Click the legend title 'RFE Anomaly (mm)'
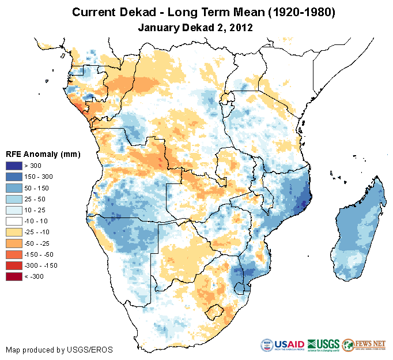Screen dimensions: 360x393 43,154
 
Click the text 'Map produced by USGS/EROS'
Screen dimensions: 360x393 59,350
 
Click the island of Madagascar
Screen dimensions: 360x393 357,225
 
